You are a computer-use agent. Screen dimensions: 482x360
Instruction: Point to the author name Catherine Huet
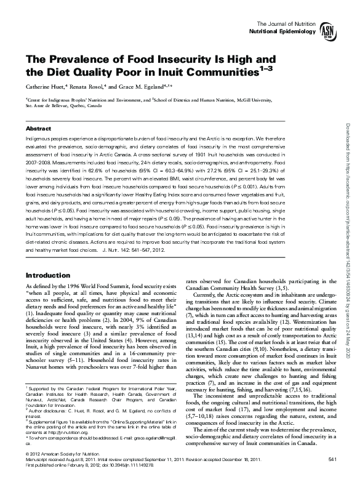(45, 86)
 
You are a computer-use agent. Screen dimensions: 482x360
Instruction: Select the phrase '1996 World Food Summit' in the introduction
(87, 287)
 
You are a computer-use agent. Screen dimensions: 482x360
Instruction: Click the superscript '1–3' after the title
(263, 70)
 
